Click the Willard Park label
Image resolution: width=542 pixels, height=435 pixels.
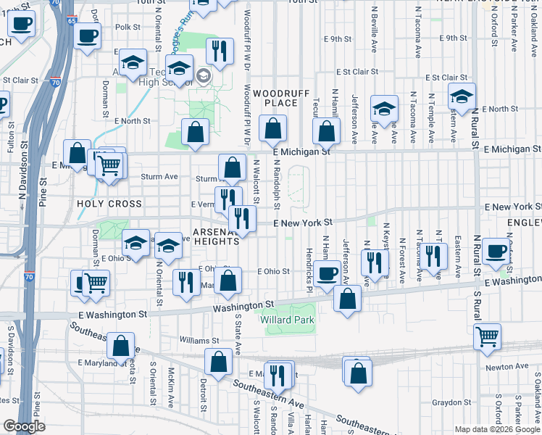(x=288, y=320)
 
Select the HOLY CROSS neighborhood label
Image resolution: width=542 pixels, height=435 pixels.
(x=109, y=204)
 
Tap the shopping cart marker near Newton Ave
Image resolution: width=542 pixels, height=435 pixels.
(x=487, y=336)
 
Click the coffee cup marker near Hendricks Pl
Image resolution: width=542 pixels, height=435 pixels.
(x=328, y=273)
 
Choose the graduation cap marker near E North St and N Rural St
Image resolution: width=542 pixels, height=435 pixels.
(x=461, y=96)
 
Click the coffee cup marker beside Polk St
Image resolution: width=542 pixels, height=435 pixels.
(x=87, y=36)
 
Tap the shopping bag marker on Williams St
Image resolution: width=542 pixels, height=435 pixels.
(x=121, y=345)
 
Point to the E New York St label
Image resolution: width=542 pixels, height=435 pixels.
(x=303, y=222)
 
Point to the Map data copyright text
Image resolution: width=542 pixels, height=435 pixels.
(x=496, y=429)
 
